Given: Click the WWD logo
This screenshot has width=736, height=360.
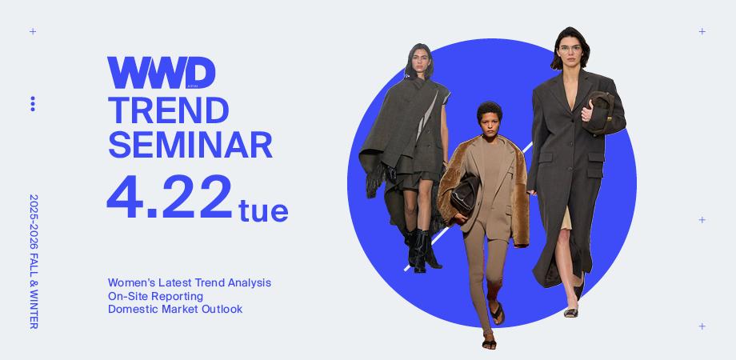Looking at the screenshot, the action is click(161, 73).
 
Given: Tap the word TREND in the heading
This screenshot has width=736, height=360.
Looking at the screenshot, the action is click(169, 110).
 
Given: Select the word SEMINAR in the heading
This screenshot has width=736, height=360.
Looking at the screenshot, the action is click(190, 145).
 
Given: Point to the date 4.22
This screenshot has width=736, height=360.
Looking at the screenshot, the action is click(170, 197).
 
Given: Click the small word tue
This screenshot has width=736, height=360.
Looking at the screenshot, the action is click(263, 210).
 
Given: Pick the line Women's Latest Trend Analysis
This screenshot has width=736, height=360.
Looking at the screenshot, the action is click(190, 283).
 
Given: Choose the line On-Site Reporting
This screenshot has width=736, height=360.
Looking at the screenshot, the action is click(155, 296).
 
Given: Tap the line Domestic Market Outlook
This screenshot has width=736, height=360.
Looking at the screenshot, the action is click(175, 310).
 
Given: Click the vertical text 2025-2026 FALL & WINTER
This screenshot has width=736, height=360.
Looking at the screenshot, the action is click(34, 262).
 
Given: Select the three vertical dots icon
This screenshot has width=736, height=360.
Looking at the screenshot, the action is click(32, 104).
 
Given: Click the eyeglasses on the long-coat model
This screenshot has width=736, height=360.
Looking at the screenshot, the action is click(570, 48).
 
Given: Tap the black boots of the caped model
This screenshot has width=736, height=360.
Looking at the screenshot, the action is click(422, 250).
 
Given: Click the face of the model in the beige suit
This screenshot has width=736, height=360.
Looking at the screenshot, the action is click(490, 122).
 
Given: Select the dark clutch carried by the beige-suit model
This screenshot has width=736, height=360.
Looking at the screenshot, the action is click(465, 195).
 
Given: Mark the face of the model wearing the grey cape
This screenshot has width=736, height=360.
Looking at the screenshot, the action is click(418, 61).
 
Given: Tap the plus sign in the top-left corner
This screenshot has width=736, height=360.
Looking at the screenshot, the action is click(33, 31).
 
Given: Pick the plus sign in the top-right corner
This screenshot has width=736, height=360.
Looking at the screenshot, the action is click(702, 31).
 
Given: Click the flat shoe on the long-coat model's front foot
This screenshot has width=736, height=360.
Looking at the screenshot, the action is click(571, 313).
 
